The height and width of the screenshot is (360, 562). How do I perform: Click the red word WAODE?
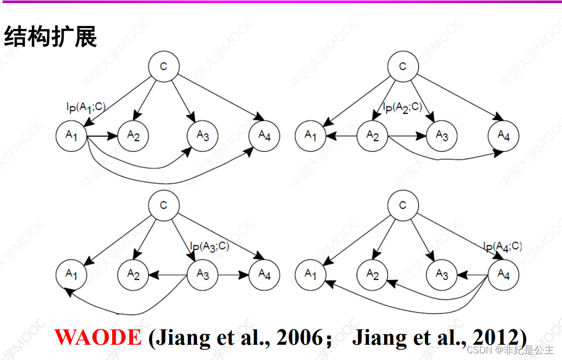click(x=98, y=337)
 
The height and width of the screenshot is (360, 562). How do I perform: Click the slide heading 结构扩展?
click(x=50, y=37)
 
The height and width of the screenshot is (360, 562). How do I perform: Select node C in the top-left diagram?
click(x=164, y=67)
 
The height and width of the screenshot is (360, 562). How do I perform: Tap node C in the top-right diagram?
click(x=403, y=67)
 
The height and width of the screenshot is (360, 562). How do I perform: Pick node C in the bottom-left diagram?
click(x=164, y=206)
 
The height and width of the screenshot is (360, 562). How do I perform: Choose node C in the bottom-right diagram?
click(x=403, y=206)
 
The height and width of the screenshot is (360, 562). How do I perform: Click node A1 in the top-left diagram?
click(x=71, y=135)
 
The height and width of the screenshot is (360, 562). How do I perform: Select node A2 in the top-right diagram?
click(x=372, y=136)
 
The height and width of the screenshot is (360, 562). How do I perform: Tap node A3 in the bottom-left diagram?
click(x=203, y=275)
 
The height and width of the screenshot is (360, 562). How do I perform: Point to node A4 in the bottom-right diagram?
click(x=503, y=275)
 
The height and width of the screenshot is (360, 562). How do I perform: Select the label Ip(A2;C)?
click(x=402, y=107)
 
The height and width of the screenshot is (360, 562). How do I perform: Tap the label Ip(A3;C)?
click(x=209, y=246)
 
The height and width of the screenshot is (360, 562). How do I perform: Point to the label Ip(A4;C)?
click(x=502, y=246)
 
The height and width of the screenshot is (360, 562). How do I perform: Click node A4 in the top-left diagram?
click(x=264, y=135)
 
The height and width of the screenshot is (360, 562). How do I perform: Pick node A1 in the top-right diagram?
click(x=311, y=135)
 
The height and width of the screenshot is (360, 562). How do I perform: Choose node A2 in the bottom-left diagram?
click(x=133, y=275)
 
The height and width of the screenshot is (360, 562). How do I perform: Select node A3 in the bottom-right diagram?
click(x=442, y=275)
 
